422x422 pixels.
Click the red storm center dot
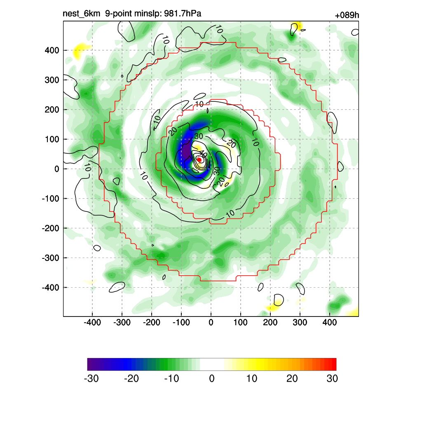pyautogui.click(x=199, y=159)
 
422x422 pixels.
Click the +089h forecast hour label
pyautogui.click(x=347, y=16)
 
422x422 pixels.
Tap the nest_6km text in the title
pyautogui.click(x=81, y=14)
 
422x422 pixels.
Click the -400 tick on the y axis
pyautogui.click(x=50, y=287)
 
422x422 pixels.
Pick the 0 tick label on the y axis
pyautogui.click(x=57, y=169)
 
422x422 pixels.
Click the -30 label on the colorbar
pyautogui.click(x=91, y=378)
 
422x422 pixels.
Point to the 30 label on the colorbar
pyautogui.click(x=332, y=378)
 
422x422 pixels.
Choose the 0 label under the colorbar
pyautogui.click(x=212, y=378)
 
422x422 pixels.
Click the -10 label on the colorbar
pyautogui.click(x=171, y=378)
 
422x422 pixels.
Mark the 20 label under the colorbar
pyautogui.click(x=292, y=378)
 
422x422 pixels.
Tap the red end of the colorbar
pyautogui.click(x=333, y=364)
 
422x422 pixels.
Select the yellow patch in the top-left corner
pyautogui.click(x=78, y=52)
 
